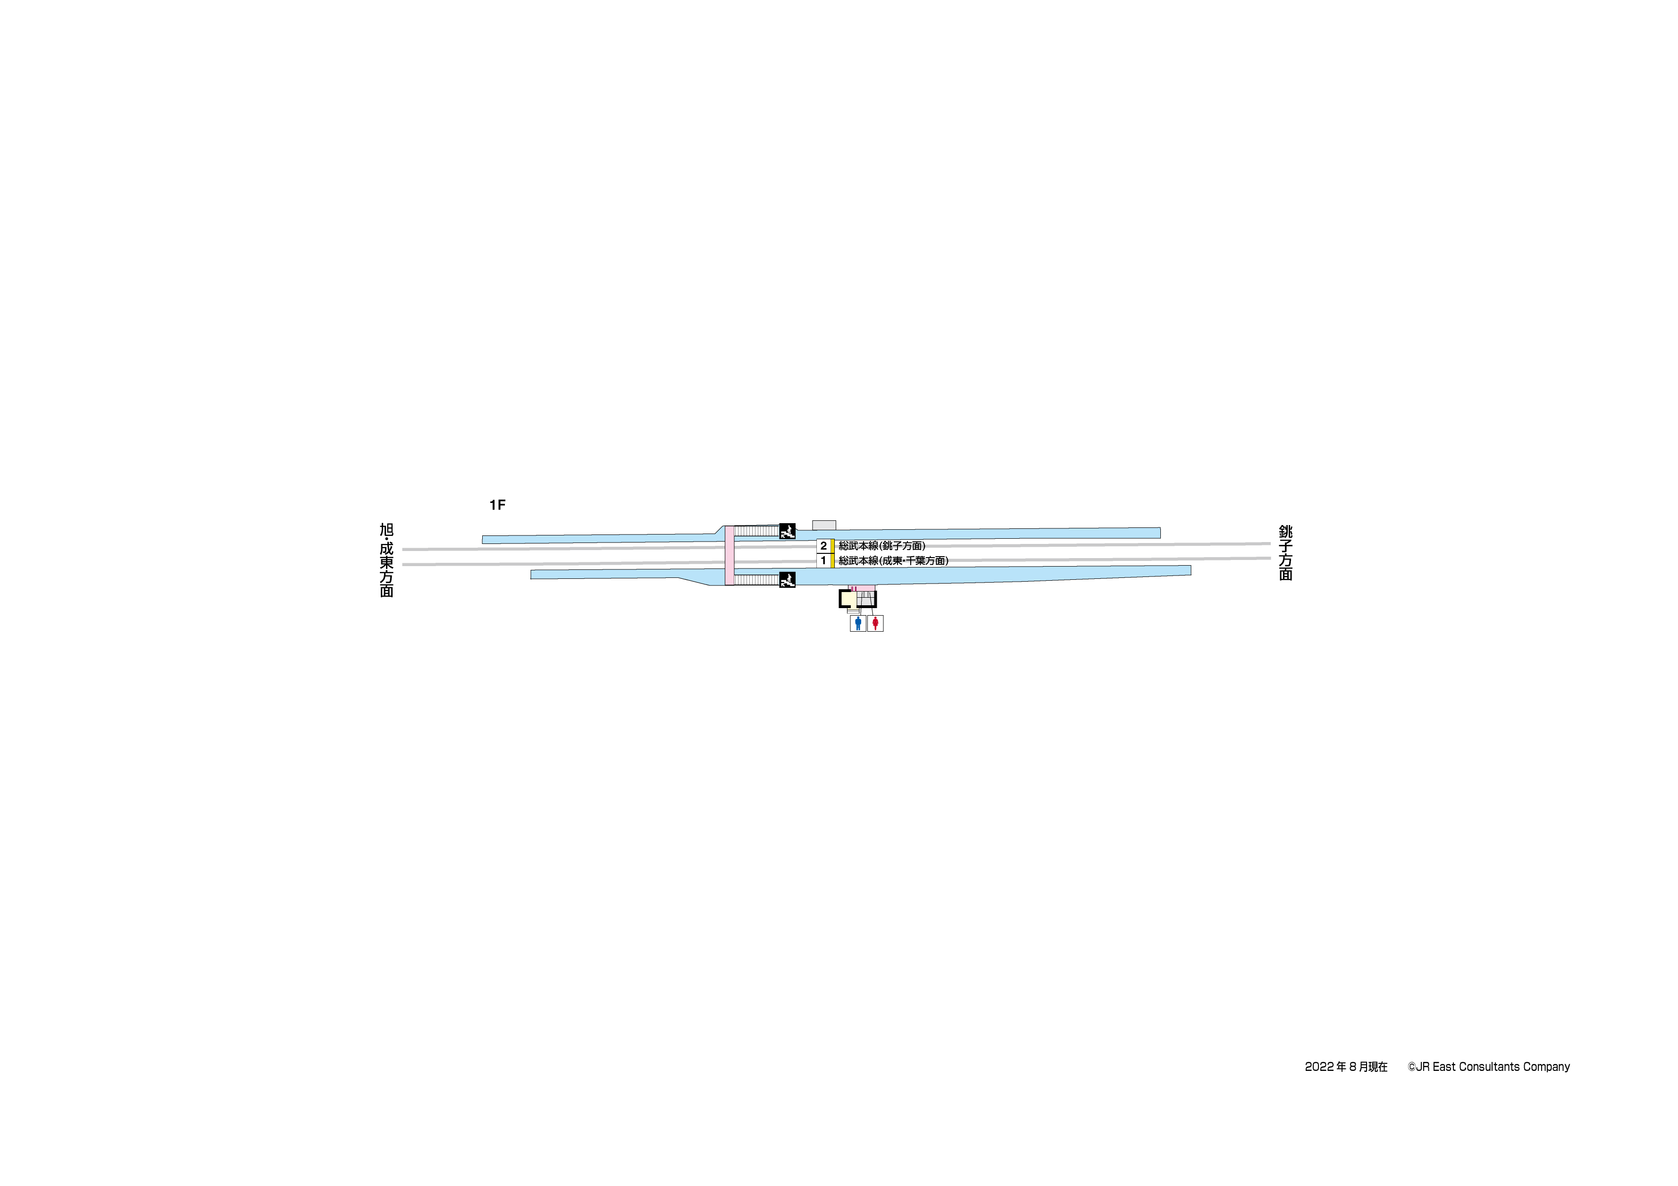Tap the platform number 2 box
pos(823,546)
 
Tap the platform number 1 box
pos(823,560)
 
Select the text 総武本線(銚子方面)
pos(882,546)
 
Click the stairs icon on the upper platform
pos(787,531)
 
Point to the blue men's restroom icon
pos(858,623)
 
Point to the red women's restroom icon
pos(875,623)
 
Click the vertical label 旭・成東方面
pos(386,560)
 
